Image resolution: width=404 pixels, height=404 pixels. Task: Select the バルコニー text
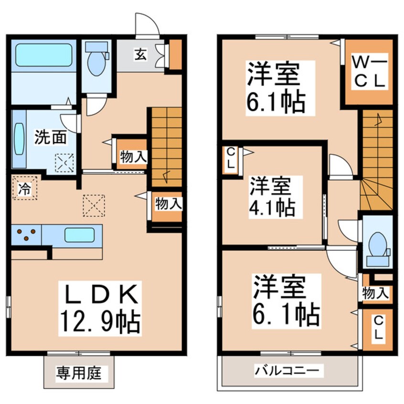point(289,370)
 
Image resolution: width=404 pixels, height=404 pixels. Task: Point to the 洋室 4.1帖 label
point(271,196)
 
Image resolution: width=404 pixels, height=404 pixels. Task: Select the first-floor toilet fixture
point(97,59)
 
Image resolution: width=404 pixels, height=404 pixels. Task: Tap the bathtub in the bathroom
point(43,55)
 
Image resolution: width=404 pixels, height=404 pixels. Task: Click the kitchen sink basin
point(79,235)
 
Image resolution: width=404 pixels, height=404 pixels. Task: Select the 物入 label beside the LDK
point(169,204)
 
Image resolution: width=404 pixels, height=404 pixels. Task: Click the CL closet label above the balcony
point(377,329)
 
